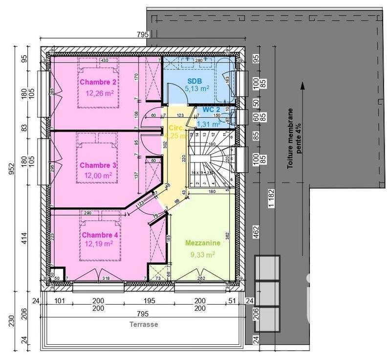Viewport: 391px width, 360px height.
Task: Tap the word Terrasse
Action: tap(144, 324)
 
